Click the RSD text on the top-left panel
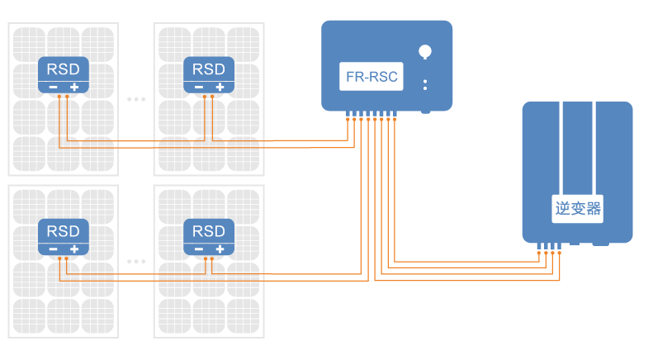64,69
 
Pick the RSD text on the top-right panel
208,69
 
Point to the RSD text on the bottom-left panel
64,230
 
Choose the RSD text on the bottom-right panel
208,230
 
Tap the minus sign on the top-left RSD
53,87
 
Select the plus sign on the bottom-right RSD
219,249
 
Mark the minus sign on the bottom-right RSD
197,249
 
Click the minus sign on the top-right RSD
197,87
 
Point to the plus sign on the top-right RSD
219,87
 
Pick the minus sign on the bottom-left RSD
53,249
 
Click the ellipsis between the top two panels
136,99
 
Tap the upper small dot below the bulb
425,81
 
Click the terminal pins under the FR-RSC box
371,114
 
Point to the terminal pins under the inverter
549,245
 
